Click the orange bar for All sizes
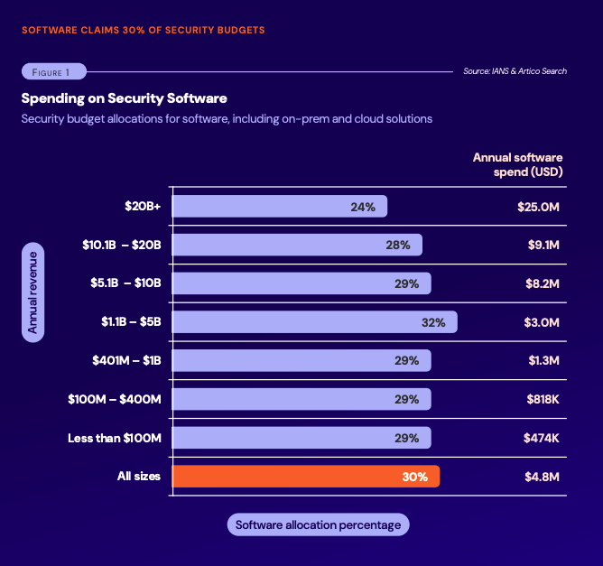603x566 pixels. pyautogui.click(x=305, y=476)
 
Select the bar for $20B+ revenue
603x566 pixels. pyautogui.click(x=279, y=207)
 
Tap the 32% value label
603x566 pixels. pyautogui.click(x=433, y=322)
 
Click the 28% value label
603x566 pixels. pyautogui.click(x=398, y=245)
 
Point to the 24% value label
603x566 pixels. pyautogui.click(x=363, y=207)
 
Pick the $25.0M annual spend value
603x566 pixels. pyautogui.click(x=539, y=207)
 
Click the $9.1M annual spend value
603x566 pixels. pyautogui.click(x=543, y=245)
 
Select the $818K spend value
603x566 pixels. pyautogui.click(x=543, y=399)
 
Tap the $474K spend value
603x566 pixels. pyautogui.click(x=542, y=438)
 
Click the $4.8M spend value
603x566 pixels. pyautogui.click(x=543, y=476)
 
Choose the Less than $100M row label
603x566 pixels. pyautogui.click(x=115, y=438)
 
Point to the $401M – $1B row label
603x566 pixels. pyautogui.click(x=126, y=360)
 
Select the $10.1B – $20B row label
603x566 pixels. pyautogui.click(x=121, y=245)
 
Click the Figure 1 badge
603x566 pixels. pyautogui.click(x=53, y=71)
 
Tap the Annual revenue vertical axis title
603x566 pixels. pyautogui.click(x=32, y=293)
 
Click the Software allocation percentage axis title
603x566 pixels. pyautogui.click(x=318, y=524)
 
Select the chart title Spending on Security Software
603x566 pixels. pyautogui.click(x=124, y=97)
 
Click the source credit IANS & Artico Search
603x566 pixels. pyautogui.click(x=515, y=71)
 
